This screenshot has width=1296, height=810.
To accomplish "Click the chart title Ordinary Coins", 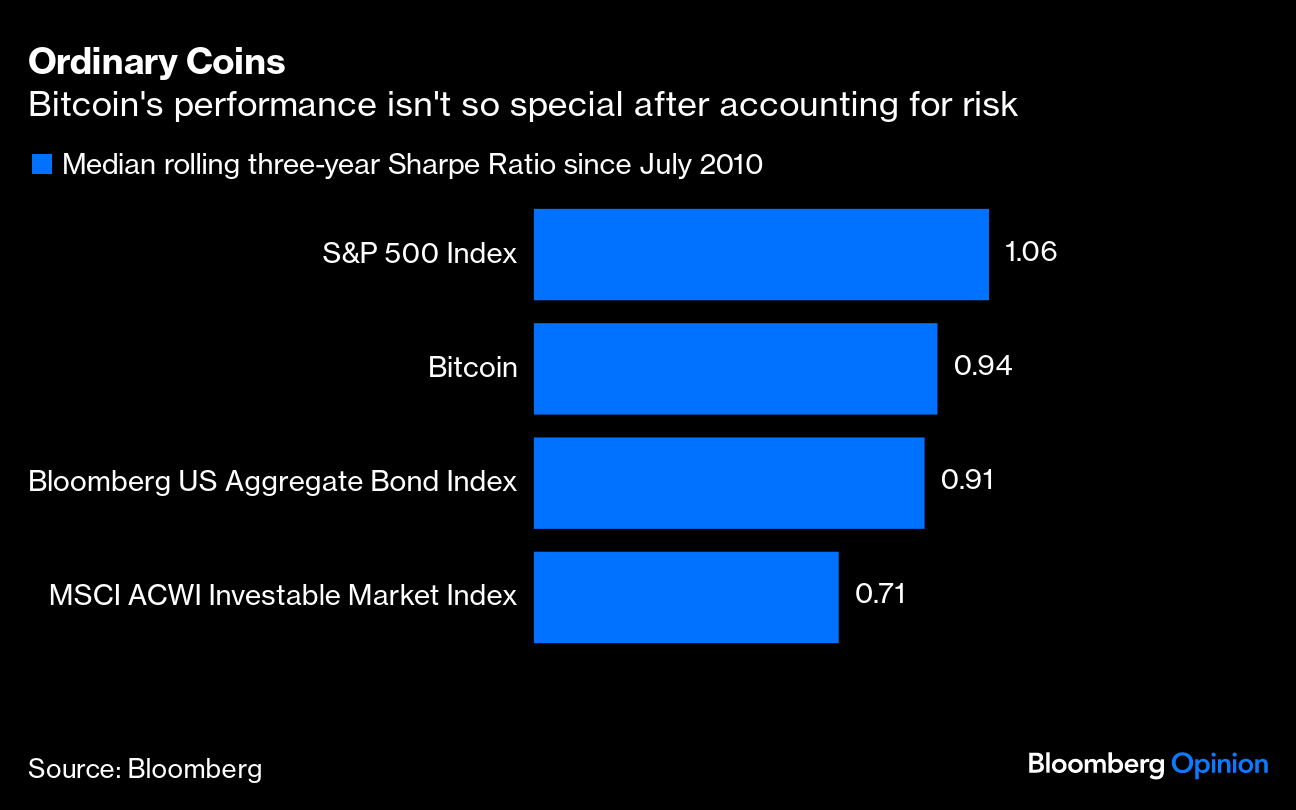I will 157,62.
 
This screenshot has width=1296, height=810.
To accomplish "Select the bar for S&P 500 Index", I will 761,254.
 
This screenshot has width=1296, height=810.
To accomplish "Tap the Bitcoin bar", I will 735,368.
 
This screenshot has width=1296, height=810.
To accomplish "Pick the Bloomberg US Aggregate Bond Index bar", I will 729,482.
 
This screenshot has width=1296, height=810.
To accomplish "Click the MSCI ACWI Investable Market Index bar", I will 686,596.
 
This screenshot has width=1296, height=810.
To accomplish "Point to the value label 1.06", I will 1030,252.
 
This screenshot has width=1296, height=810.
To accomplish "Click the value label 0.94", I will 983,366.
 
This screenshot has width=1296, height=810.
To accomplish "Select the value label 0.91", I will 967,480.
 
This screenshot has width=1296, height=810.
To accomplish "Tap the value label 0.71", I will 880,594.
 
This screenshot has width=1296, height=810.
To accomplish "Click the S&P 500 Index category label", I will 419,254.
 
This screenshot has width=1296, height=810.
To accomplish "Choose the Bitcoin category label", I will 472,368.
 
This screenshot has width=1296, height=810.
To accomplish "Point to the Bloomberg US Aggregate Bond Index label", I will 272,482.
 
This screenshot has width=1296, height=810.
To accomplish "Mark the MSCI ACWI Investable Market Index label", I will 283,596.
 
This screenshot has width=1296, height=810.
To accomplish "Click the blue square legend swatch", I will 41,164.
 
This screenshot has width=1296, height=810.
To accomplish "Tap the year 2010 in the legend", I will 731,164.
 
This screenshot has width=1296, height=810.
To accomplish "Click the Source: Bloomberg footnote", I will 145,768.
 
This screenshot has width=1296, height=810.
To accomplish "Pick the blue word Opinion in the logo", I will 1219,765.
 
